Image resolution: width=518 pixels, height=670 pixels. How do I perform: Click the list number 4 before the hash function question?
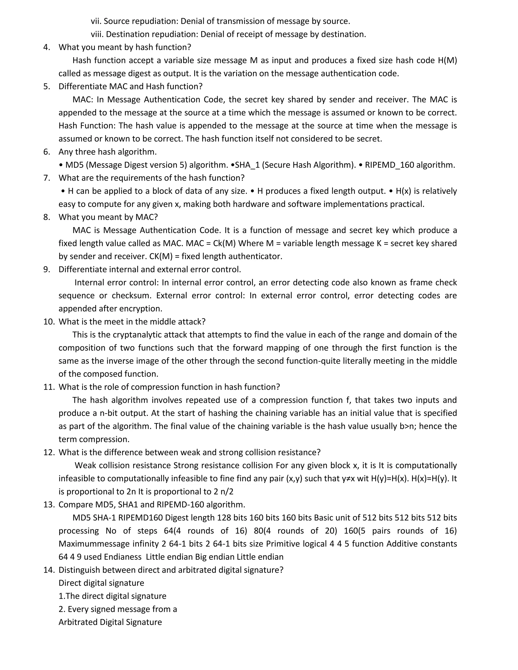coord(46,47)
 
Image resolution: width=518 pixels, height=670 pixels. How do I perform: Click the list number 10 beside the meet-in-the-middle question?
coord(49,322)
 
